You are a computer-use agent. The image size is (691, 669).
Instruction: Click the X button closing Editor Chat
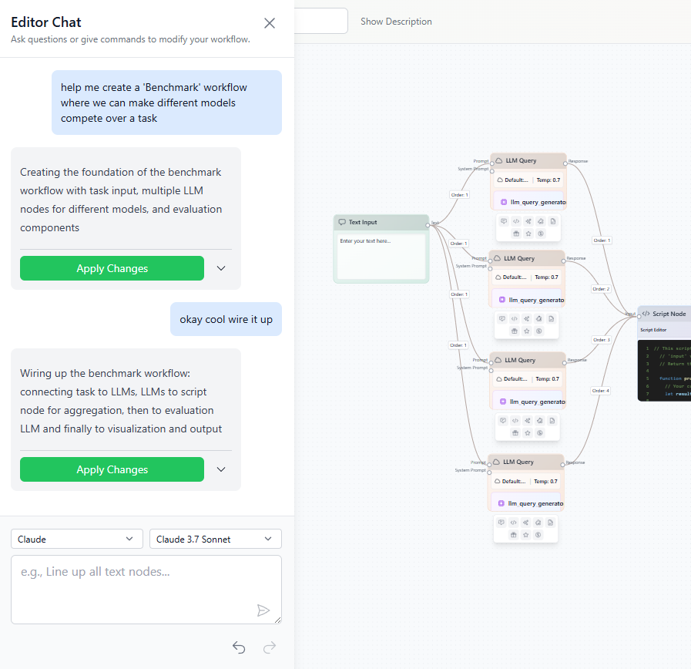coord(270,23)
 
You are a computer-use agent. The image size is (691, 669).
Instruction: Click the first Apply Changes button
coord(112,268)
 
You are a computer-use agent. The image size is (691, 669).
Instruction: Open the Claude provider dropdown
coord(77,539)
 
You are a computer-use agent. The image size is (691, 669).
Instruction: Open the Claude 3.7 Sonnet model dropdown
coord(215,539)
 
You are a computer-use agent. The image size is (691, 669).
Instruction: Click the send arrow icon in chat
coord(263,610)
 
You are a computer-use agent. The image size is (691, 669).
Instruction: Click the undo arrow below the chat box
coord(239,647)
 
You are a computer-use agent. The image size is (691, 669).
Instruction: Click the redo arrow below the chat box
coord(270,647)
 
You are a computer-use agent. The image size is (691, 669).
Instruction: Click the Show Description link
coord(396,22)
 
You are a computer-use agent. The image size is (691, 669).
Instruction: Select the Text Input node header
coord(381,222)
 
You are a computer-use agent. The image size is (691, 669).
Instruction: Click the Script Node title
coord(669,314)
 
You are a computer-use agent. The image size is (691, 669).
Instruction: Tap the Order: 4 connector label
coord(601,391)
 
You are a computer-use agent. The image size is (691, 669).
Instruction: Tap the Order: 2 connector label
coord(601,289)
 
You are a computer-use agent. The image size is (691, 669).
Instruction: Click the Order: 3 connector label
coord(601,340)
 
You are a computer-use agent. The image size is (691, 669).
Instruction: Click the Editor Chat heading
coord(46,22)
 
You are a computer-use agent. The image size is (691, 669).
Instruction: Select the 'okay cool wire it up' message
coord(226,319)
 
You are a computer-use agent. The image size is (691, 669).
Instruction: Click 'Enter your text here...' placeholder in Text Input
coord(365,241)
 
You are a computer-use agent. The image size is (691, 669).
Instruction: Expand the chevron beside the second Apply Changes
coord(221,469)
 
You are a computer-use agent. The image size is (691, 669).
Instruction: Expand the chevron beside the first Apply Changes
coord(221,268)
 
